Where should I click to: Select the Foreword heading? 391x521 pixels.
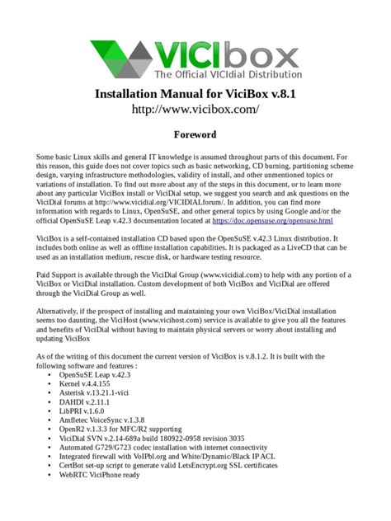195,134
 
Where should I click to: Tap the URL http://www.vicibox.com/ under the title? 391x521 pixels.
195,109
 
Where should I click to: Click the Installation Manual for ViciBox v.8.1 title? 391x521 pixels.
195,94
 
